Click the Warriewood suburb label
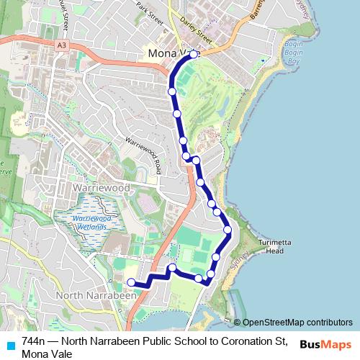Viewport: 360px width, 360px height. tap(102, 187)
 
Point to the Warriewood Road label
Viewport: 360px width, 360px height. tap(142, 156)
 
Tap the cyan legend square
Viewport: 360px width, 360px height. tap(9, 345)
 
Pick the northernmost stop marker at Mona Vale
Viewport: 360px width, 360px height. tap(193, 55)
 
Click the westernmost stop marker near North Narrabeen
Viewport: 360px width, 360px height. tap(131, 282)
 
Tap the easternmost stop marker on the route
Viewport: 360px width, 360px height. tap(228, 230)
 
